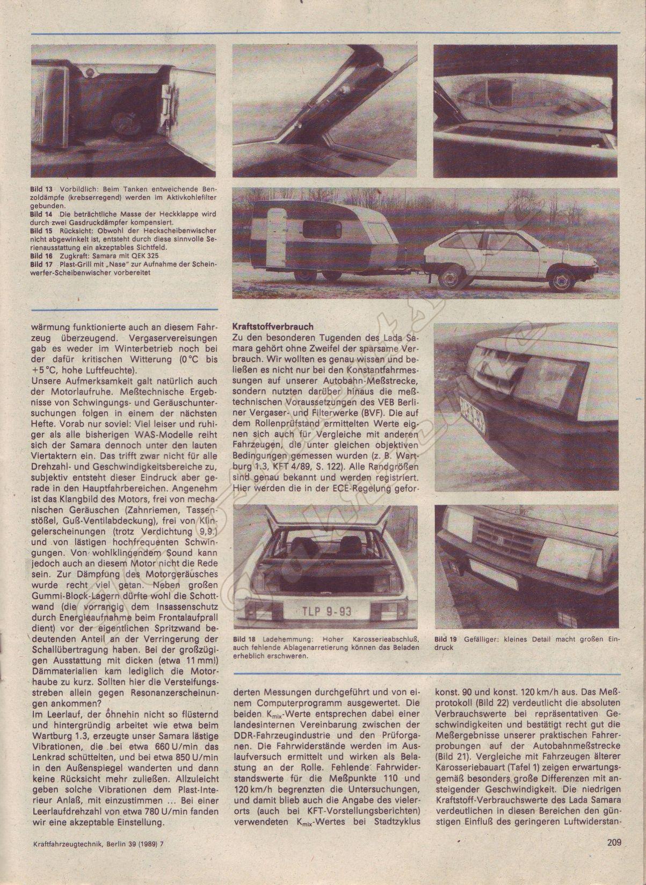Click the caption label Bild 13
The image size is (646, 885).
click(x=41, y=190)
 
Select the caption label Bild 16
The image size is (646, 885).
click(x=41, y=257)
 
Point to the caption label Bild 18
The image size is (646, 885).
click(x=244, y=639)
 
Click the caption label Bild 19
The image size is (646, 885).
click(x=446, y=639)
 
